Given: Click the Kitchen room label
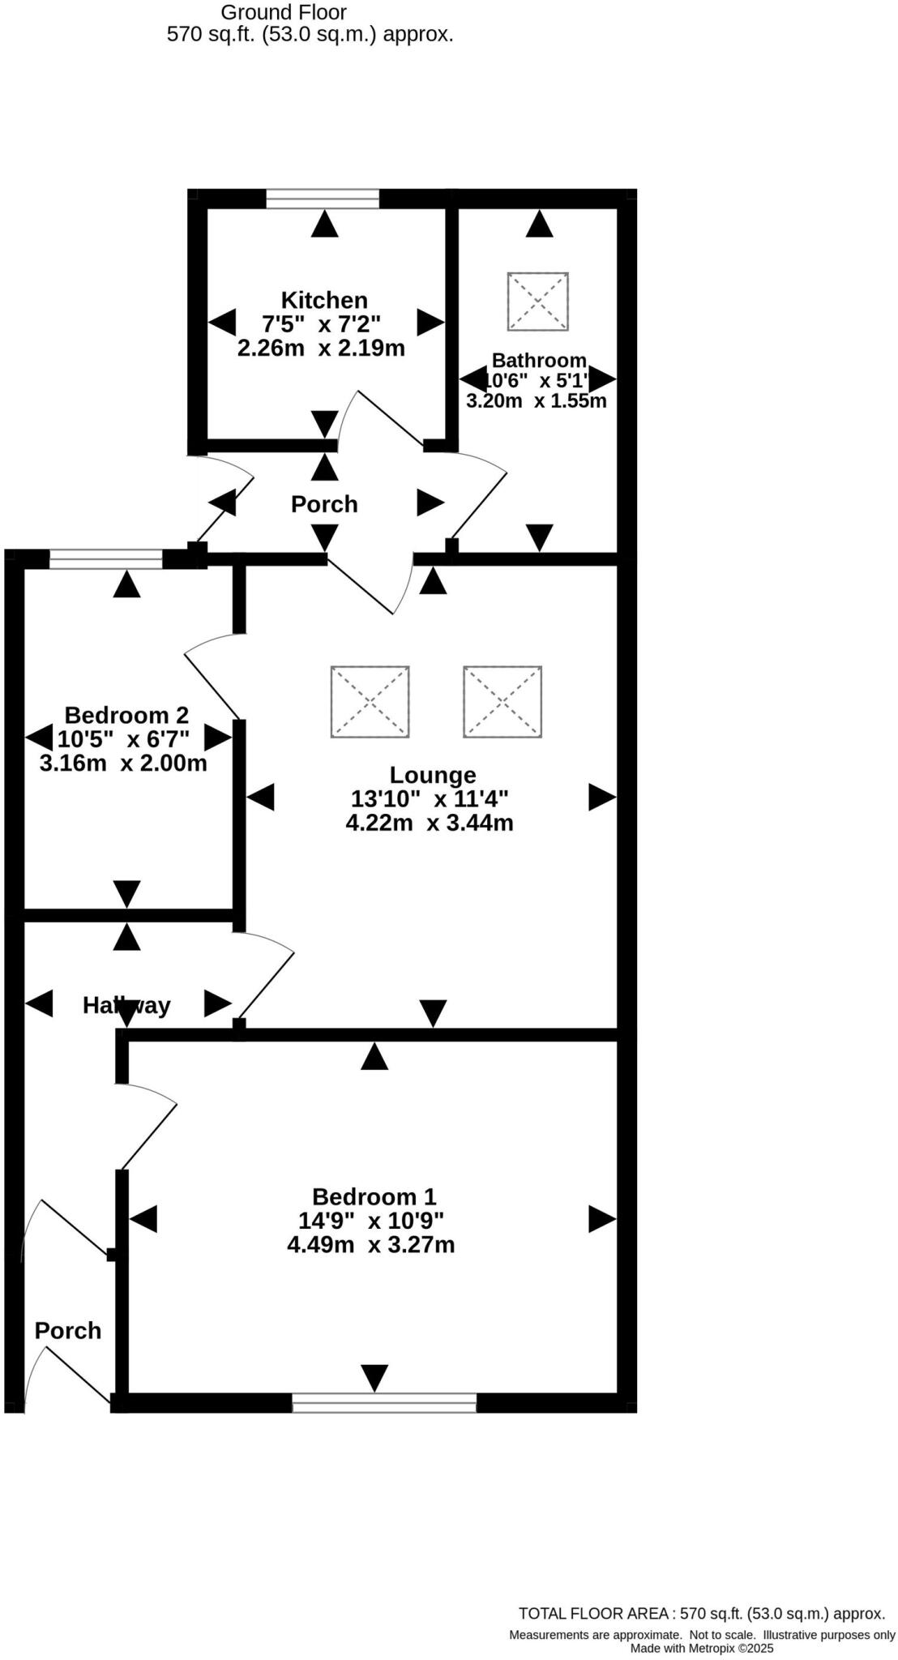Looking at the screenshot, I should pos(324,300).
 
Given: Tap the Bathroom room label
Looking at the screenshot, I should pos(539,360).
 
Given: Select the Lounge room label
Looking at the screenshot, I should pos(433,775).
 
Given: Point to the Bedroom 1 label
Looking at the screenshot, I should pos(374,1196).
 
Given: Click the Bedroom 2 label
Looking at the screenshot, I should pos(126,715).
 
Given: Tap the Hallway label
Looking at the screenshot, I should pos(126,1005).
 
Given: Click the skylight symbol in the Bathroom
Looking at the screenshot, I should pos(538,302).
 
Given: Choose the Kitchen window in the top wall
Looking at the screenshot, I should pos(323,199).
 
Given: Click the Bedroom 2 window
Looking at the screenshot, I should pos(106,558).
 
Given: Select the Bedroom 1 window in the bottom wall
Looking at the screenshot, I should pos(384,1403).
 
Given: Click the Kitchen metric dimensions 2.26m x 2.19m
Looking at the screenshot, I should pos(321,349).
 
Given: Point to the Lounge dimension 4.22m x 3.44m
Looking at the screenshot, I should pos(429,824).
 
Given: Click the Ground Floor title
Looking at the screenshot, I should pos(284,12).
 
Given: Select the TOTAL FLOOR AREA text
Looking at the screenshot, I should pos(701,1613).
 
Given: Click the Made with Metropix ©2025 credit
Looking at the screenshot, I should pos(702,1648).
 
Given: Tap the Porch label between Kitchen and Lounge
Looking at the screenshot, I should pos(324,504).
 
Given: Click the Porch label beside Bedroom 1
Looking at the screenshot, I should pos(68,1330).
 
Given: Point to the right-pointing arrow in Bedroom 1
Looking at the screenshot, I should pos(601,1219).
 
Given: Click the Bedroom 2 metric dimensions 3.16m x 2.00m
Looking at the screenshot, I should pos(123,763).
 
